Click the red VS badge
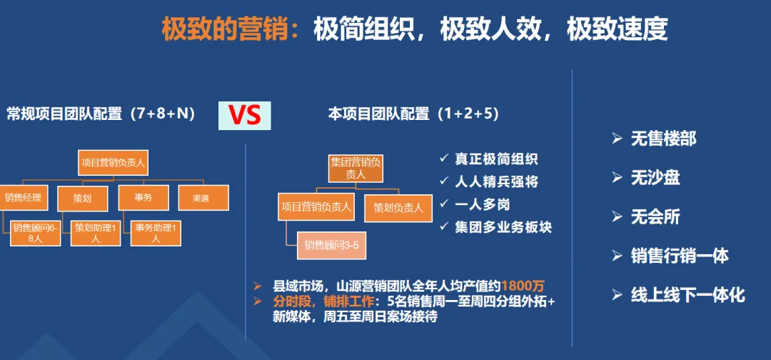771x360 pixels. tap(244, 114)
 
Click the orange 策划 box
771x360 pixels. tap(82, 197)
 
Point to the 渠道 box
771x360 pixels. tap(203, 197)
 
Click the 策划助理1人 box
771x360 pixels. tap(96, 233)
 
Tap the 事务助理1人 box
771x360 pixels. tap(156, 233)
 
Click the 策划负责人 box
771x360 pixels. tap(398, 208)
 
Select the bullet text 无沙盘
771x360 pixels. tap(655, 178)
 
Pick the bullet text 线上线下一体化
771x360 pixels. tap(687, 294)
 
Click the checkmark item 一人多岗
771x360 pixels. tap(483, 204)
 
